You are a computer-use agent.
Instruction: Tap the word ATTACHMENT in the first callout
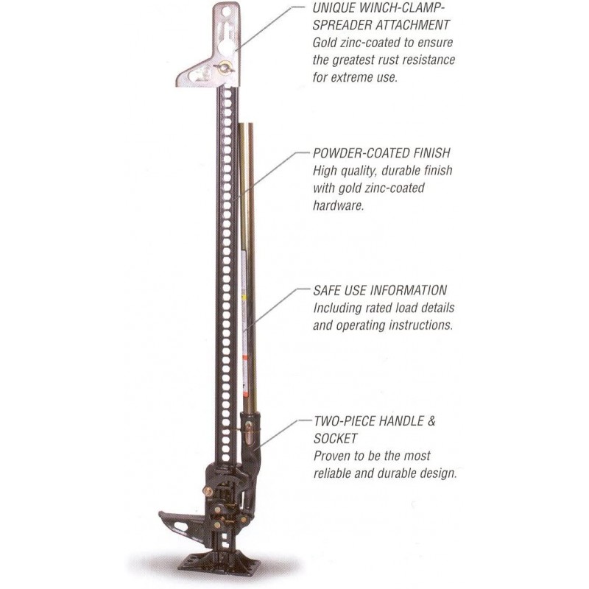point(414,27)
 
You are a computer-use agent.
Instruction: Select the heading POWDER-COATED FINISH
point(381,154)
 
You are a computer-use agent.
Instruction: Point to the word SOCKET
point(338,440)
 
